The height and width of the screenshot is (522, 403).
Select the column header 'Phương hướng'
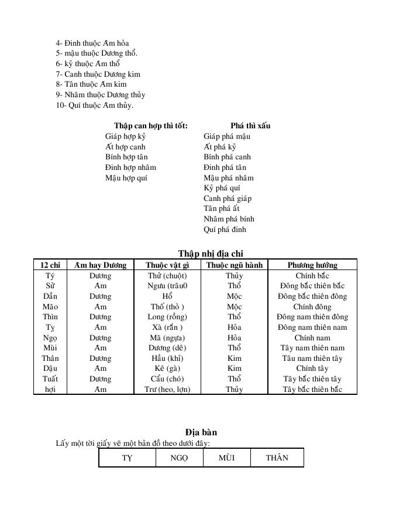click(x=312, y=265)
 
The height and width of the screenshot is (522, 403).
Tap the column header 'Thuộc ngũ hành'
click(x=235, y=265)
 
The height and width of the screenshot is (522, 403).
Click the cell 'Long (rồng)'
click(x=167, y=317)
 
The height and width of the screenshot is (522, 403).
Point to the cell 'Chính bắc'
click(x=312, y=275)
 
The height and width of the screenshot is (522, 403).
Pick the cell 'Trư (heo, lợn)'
click(x=167, y=390)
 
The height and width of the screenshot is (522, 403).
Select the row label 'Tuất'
click(x=50, y=379)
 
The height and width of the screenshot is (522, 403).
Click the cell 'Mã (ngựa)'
click(x=167, y=337)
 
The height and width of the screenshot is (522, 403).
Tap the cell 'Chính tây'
click(x=312, y=369)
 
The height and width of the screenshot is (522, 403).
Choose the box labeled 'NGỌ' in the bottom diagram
click(x=179, y=458)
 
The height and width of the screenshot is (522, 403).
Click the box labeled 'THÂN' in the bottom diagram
click(x=277, y=458)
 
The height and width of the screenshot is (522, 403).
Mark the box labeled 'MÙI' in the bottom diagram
click(x=226, y=458)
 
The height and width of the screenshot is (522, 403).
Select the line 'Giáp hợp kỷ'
click(x=125, y=136)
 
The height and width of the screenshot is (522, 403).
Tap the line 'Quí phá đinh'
click(x=225, y=230)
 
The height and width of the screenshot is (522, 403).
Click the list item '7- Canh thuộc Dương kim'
click(x=98, y=74)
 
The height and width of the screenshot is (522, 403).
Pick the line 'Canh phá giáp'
click(x=228, y=198)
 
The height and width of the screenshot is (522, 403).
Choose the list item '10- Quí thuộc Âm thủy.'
click(x=95, y=105)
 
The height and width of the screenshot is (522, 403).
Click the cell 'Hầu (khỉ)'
click(x=167, y=359)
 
